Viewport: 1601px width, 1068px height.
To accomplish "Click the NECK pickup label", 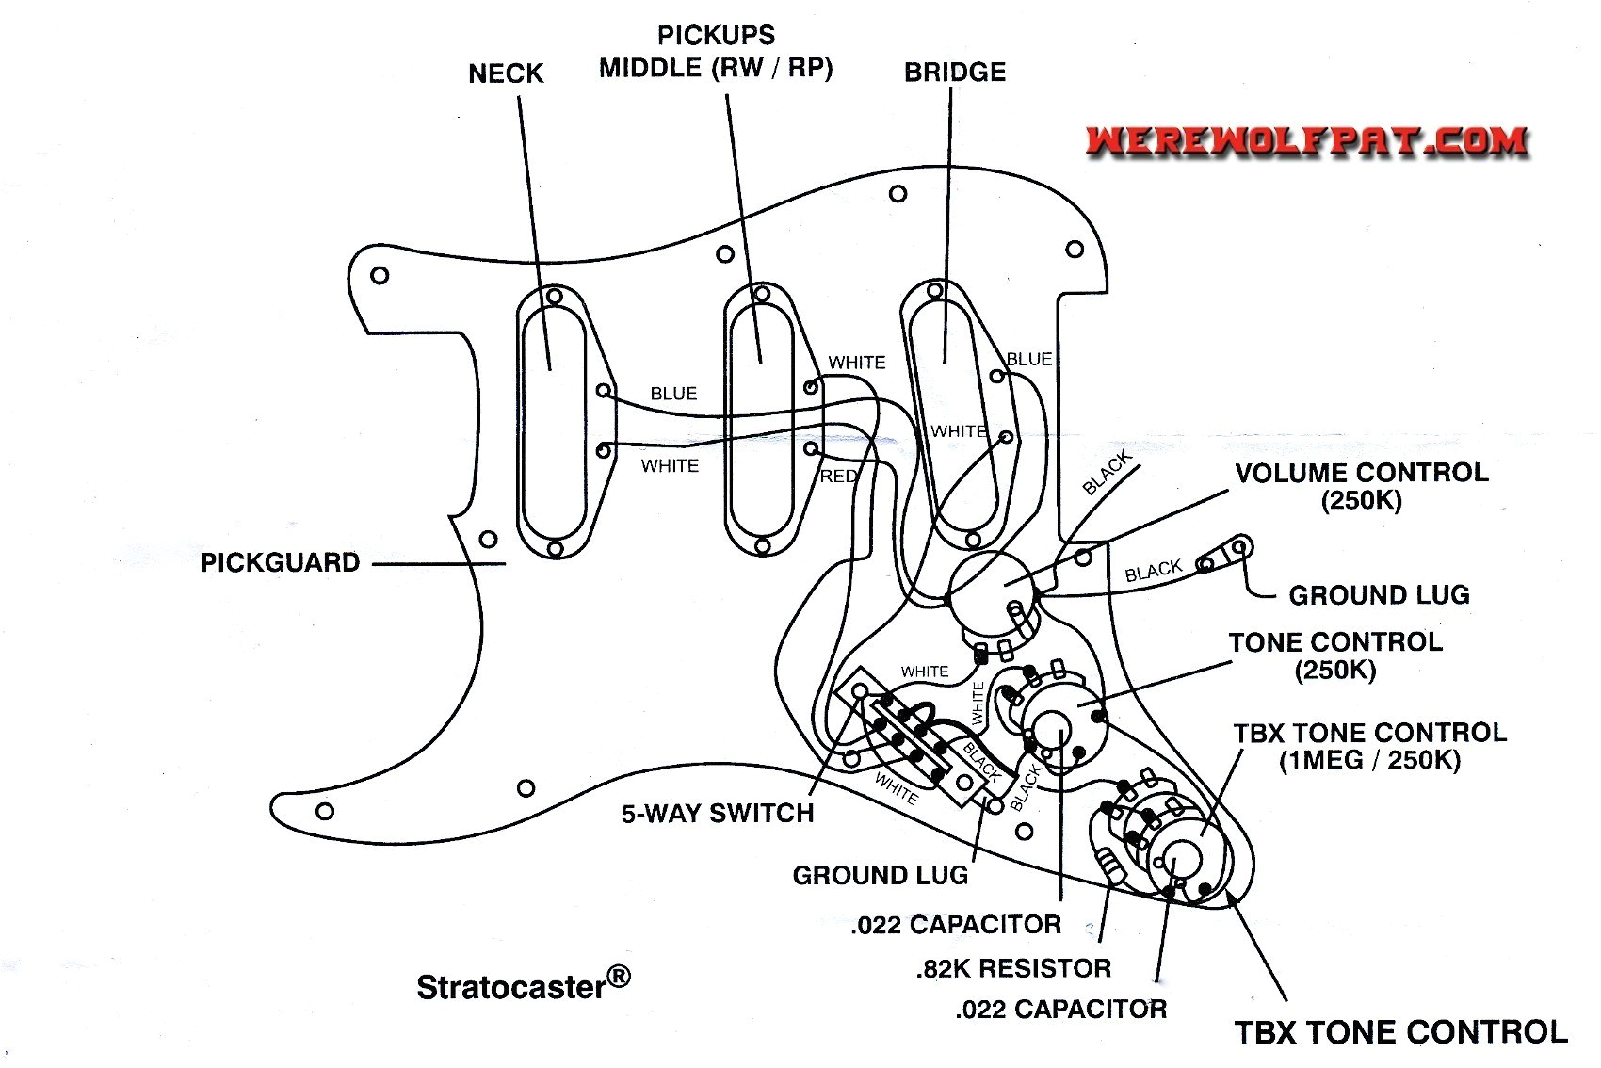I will pyautogui.click(x=506, y=73).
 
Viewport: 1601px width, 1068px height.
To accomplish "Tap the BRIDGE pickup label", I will pyautogui.click(x=954, y=73).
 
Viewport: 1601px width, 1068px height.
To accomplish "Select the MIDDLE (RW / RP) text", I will pyautogui.click(x=716, y=68).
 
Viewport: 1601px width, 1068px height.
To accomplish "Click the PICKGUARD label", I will pyautogui.click(x=280, y=563).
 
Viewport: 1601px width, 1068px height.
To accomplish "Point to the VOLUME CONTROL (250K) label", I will pyautogui.click(x=1361, y=485).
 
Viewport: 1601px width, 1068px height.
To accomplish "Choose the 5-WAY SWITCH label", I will pyautogui.click(x=717, y=813).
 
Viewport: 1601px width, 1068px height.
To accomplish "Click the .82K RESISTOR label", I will pyautogui.click(x=1013, y=968).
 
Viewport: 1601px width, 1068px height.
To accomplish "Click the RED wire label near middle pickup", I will pyautogui.click(x=837, y=477).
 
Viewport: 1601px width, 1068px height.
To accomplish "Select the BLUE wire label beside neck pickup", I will pyautogui.click(x=673, y=394).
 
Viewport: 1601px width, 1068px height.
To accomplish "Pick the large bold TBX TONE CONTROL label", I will pyautogui.click(x=1400, y=1032).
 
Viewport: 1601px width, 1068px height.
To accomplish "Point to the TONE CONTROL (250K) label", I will pyautogui.click(x=1334, y=655).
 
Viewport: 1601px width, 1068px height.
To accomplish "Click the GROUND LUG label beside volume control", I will pyautogui.click(x=1379, y=595).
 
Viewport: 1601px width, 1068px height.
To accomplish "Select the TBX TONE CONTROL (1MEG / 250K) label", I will pyautogui.click(x=1369, y=746).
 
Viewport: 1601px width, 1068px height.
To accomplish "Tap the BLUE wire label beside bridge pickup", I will pyautogui.click(x=1028, y=360).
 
